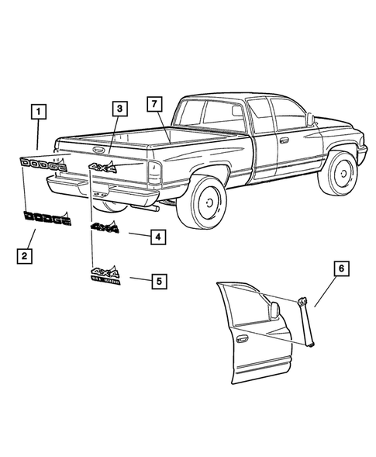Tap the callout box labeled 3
(x=118, y=110)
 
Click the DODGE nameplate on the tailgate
(x=43, y=163)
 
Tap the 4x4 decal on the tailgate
(x=102, y=167)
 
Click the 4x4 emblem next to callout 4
(x=105, y=228)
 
